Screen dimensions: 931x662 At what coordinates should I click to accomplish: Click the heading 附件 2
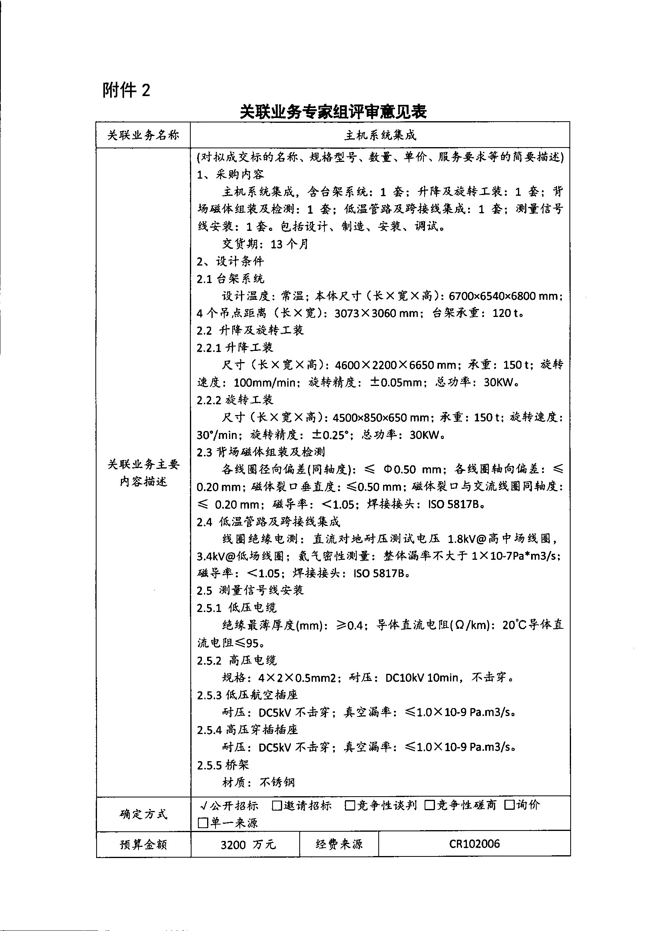pyautogui.click(x=126, y=90)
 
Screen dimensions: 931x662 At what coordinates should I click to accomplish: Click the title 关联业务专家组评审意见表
pyautogui.click(x=333, y=112)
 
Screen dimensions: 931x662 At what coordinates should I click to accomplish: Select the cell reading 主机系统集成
pyautogui.click(x=380, y=135)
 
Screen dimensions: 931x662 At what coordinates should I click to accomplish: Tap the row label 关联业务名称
pyautogui.click(x=143, y=135)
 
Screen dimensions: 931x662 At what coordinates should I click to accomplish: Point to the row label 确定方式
pyautogui.click(x=143, y=814)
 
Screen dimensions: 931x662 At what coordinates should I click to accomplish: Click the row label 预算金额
pyautogui.click(x=143, y=844)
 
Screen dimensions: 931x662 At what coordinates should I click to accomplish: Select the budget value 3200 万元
pyautogui.click(x=248, y=844)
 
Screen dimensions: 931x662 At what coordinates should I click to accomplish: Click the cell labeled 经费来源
pyautogui.click(x=339, y=844)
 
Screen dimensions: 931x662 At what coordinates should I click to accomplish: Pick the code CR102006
pyautogui.click(x=474, y=844)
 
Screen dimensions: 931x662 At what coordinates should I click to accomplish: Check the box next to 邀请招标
pyautogui.click(x=277, y=805)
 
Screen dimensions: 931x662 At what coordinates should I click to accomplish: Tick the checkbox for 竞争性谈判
pyautogui.click(x=350, y=805)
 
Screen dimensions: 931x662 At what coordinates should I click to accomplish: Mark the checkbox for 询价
pyautogui.click(x=510, y=805)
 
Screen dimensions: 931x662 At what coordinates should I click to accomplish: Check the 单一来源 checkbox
pyautogui.click(x=203, y=823)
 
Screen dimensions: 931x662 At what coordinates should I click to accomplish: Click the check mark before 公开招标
pyautogui.click(x=204, y=805)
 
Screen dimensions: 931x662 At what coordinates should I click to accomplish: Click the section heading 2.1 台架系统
pyautogui.click(x=230, y=279)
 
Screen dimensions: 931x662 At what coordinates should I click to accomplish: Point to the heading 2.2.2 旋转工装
pyautogui.click(x=235, y=400)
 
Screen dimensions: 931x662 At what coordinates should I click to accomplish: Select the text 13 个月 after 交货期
pyautogui.click(x=289, y=244)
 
